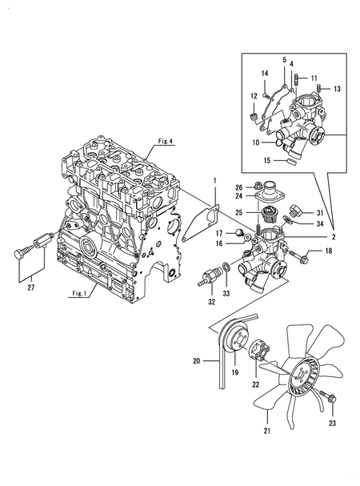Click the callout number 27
(x=30, y=287)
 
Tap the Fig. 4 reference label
(x=166, y=142)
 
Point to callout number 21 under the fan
(x=267, y=431)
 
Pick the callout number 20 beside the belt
(x=197, y=361)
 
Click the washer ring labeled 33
(x=226, y=267)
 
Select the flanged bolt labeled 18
(x=298, y=255)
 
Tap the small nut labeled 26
(x=257, y=187)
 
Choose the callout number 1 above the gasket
(x=214, y=181)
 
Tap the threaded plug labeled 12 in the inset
(x=254, y=117)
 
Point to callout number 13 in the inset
(x=337, y=89)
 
